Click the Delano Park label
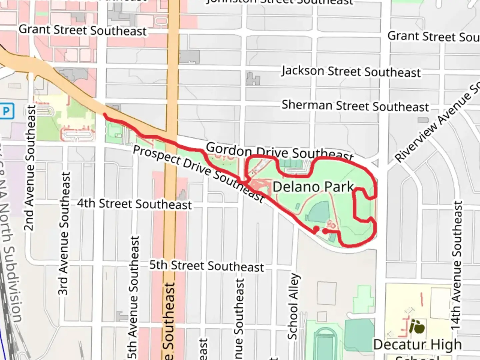point(313,187)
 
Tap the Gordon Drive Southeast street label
point(279,152)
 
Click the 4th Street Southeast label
point(134,204)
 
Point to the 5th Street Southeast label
point(206,266)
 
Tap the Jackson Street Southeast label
point(351,72)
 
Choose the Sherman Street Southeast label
point(355,106)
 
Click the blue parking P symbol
point(7,111)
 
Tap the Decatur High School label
point(417,347)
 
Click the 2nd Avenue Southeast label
point(30,168)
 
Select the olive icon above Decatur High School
point(417,326)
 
